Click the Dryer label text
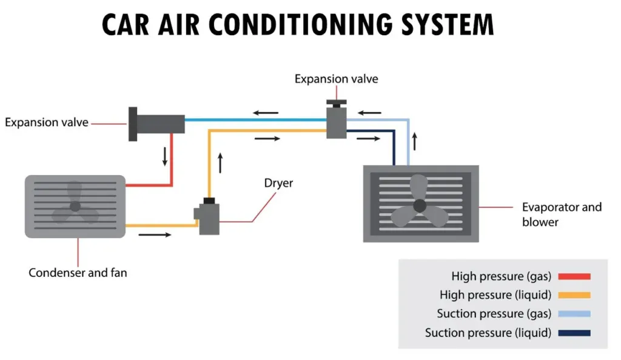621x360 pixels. pos(278,182)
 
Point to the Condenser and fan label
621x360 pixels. pos(78,273)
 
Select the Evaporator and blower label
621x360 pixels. pos(562,215)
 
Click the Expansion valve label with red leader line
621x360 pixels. pos(47,122)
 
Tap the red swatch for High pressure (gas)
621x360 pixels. pos(574,276)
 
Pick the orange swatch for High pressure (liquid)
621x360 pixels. pos(574,295)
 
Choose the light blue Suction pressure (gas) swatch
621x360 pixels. pos(574,314)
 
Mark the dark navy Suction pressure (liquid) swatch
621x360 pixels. pos(574,333)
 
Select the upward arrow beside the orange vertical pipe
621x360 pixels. pos(220,162)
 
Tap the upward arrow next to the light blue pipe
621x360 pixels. pos(415,141)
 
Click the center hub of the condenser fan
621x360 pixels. pos(75,207)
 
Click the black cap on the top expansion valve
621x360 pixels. pos(334,102)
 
